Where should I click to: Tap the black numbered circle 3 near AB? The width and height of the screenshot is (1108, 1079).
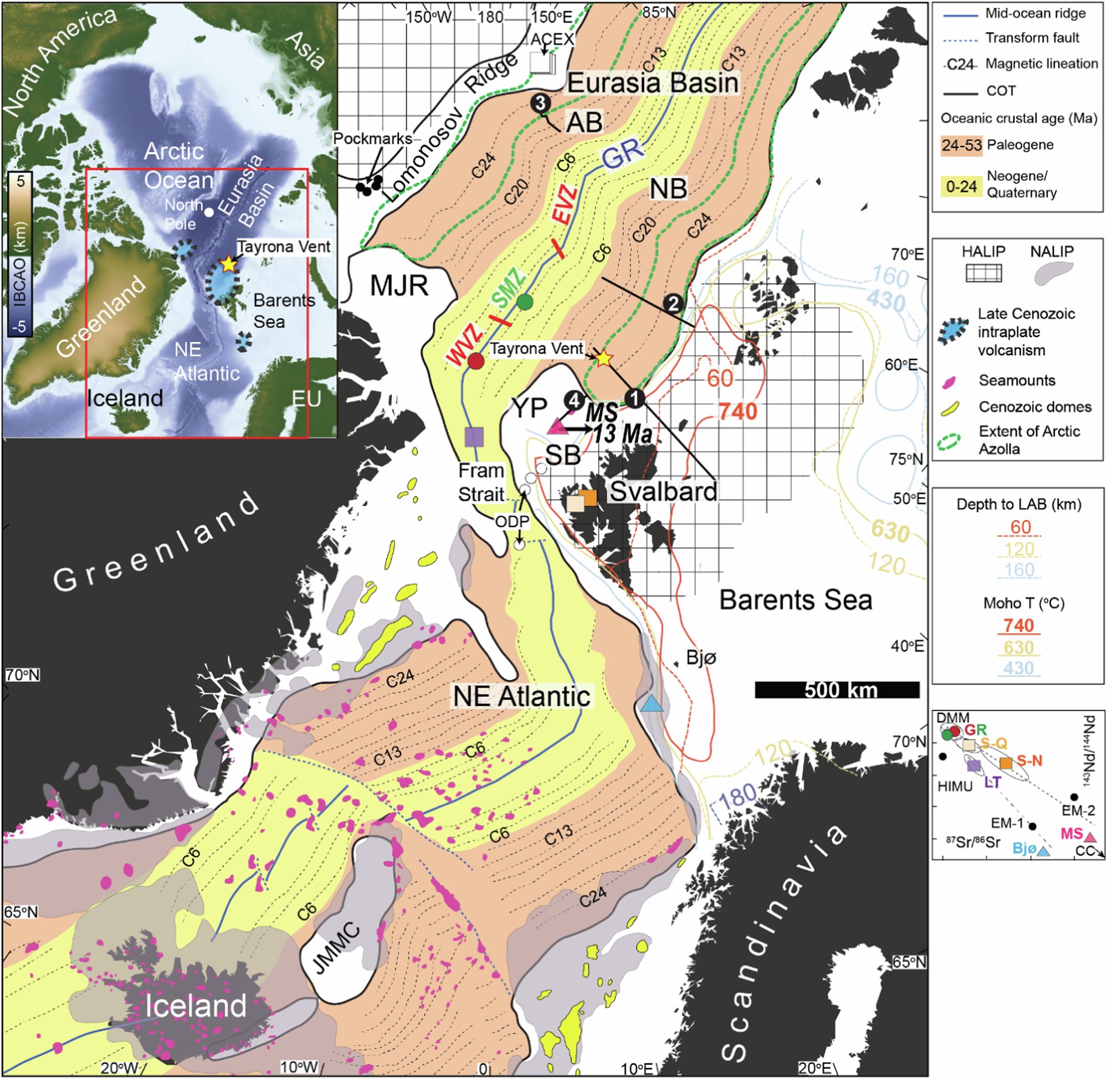click(541, 103)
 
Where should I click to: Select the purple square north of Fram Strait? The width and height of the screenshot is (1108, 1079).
click(474, 436)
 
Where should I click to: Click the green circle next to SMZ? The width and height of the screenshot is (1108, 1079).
click(525, 302)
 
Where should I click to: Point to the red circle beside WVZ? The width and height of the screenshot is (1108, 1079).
click(475, 361)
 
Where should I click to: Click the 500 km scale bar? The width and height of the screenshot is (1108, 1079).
click(837, 690)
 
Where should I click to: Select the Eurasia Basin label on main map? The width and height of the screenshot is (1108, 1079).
click(653, 83)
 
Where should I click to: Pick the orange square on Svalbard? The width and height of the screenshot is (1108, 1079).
click(588, 497)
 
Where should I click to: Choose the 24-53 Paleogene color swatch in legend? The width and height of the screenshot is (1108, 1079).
click(961, 145)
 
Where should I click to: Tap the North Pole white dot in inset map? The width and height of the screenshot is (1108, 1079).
click(209, 213)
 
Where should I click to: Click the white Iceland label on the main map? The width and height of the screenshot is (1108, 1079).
click(196, 1005)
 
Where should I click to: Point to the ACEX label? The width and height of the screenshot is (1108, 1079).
click(552, 39)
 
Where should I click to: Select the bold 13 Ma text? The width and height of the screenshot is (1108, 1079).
click(622, 435)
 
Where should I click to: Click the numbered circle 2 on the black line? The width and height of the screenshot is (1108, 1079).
click(673, 304)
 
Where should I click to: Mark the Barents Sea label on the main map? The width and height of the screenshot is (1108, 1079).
click(795, 600)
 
